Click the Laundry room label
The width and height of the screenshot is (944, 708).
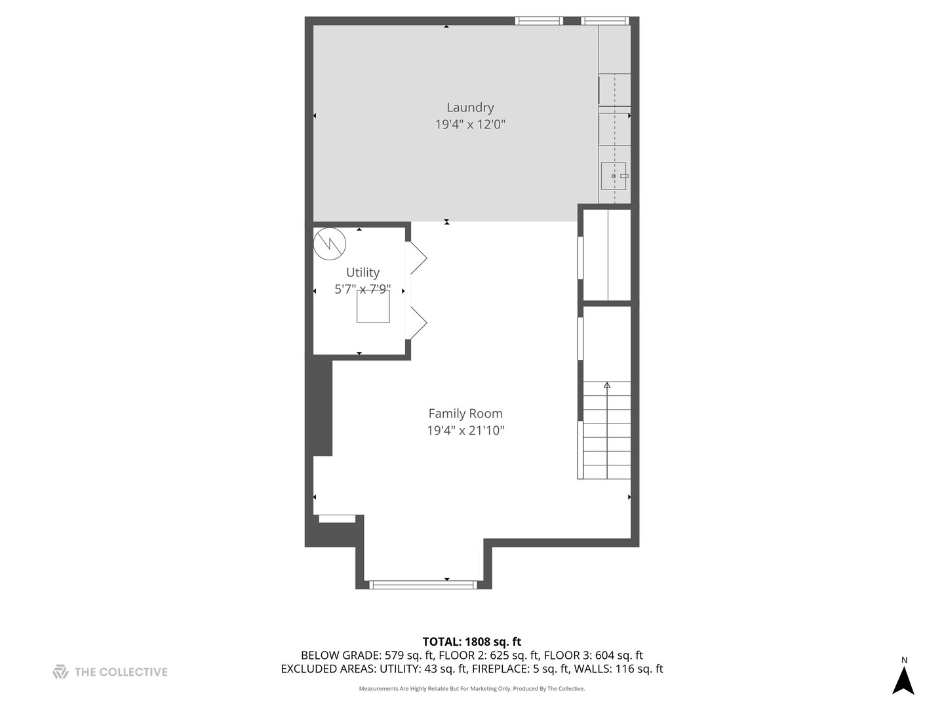(470, 108)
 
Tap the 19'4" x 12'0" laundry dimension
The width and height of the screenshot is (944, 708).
(470, 125)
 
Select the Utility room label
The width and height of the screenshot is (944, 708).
(363, 272)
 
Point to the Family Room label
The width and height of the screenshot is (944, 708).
(465, 414)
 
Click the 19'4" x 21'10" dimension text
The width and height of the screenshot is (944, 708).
(465, 431)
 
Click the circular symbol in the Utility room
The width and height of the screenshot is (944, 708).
(329, 244)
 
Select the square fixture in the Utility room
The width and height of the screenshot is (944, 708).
(373, 306)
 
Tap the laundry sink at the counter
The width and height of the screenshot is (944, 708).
(614, 176)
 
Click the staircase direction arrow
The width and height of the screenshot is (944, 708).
(607, 385)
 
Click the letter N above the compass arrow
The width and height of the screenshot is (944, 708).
(904, 660)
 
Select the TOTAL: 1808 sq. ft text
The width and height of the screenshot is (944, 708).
(472, 642)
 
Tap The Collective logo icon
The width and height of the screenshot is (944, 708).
(60, 672)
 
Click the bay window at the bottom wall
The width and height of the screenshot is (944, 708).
(423, 585)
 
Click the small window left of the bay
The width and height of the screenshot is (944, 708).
(337, 519)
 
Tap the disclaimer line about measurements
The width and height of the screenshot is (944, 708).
(472, 689)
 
